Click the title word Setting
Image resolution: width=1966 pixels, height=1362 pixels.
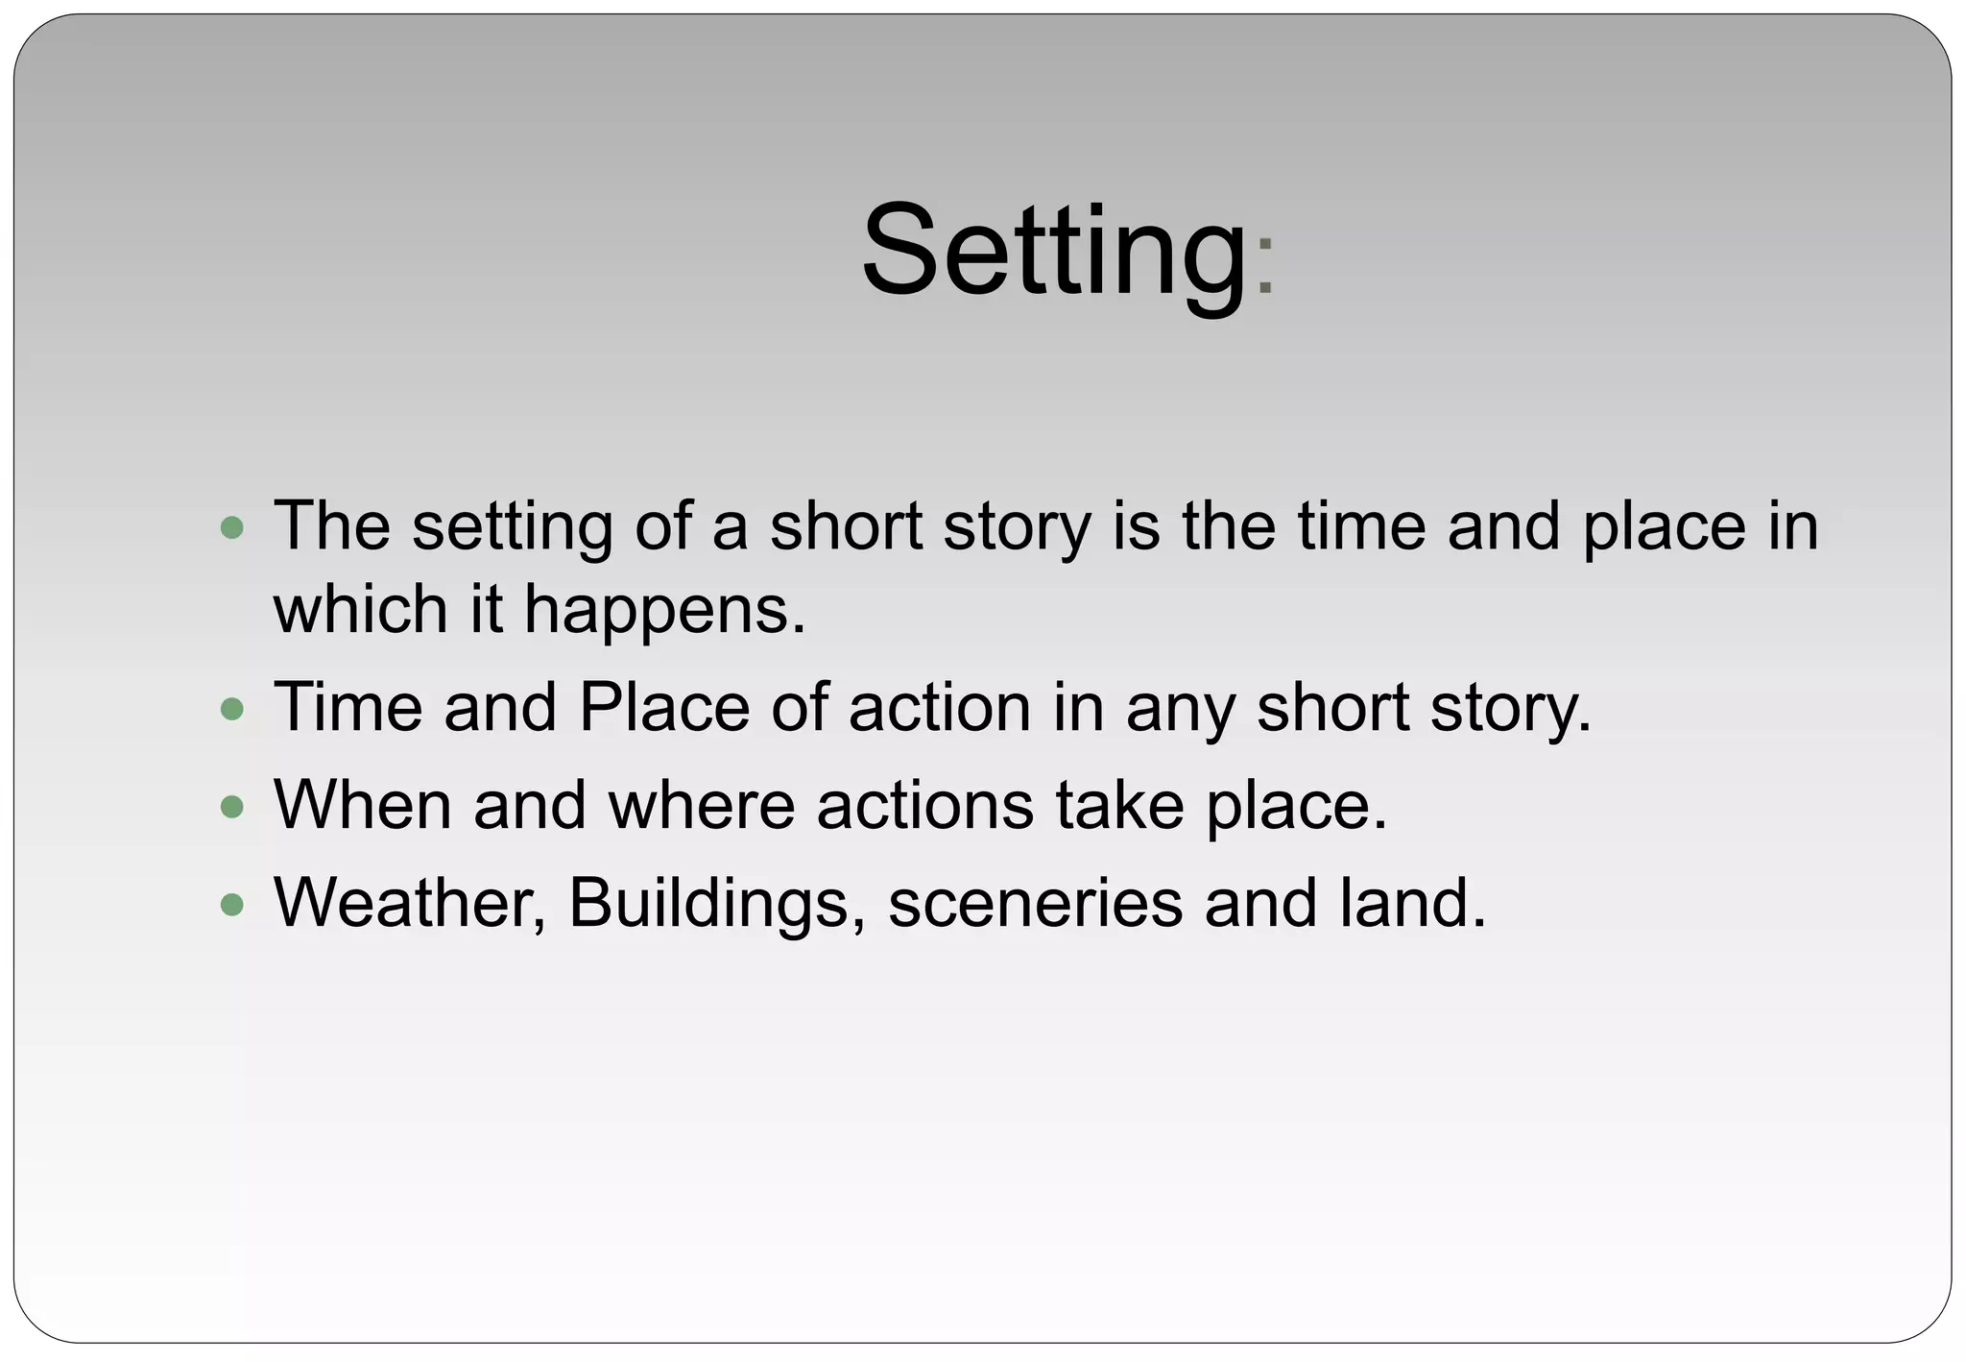click(1053, 252)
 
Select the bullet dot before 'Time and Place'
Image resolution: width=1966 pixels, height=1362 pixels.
click(231, 709)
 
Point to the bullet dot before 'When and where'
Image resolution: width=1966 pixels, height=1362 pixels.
click(231, 806)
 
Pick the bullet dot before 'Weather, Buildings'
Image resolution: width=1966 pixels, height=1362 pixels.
click(231, 904)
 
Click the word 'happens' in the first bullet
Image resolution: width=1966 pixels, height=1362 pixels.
click(663, 611)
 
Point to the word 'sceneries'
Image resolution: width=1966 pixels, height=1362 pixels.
click(1035, 903)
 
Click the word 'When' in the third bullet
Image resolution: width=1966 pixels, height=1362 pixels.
click(362, 804)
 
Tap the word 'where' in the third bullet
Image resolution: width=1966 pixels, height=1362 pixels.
click(702, 804)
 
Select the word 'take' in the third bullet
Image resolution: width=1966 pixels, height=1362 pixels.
click(1118, 804)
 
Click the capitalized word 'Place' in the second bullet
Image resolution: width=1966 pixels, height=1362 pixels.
click(663, 707)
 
